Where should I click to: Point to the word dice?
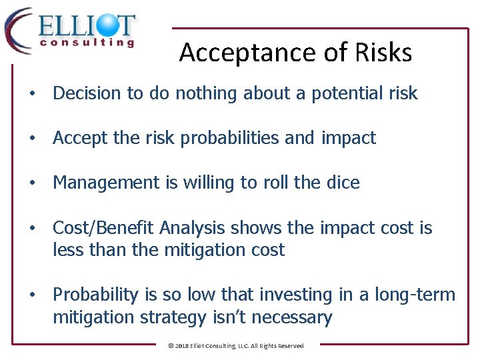click(343, 183)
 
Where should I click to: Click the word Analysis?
click(193, 228)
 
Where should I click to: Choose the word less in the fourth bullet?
click(67, 250)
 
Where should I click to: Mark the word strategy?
click(175, 317)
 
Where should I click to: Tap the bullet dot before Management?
click(32, 183)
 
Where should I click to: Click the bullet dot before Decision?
click(32, 94)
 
